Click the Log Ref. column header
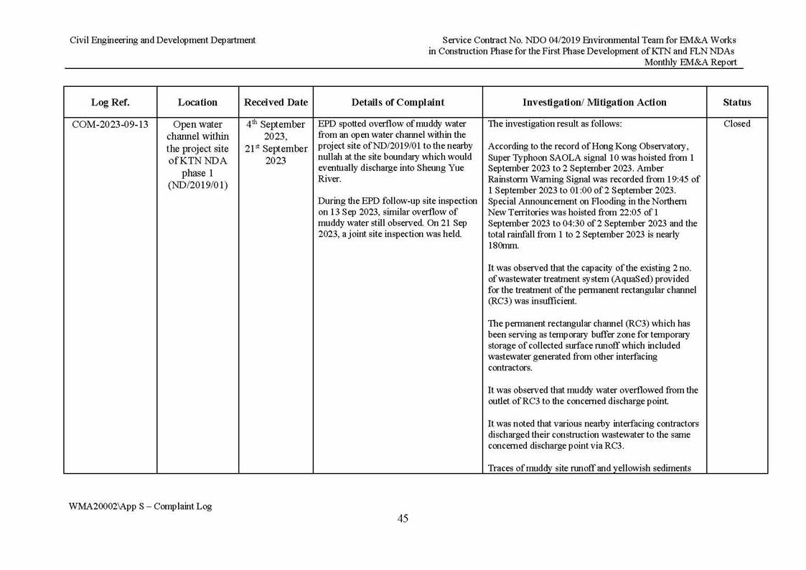[110, 103]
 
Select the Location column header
[197, 103]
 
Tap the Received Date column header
[276, 103]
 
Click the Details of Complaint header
[398, 103]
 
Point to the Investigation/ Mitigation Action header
[594, 103]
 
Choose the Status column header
[737, 103]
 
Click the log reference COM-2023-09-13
[110, 124]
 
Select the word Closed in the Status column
[737, 124]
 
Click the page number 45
[403, 518]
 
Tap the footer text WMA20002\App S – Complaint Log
[141, 506]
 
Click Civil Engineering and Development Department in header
[162, 40]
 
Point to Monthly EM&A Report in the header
[690, 62]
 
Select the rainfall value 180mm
[502, 246]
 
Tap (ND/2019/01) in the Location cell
[197, 185]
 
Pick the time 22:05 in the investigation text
[634, 212]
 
